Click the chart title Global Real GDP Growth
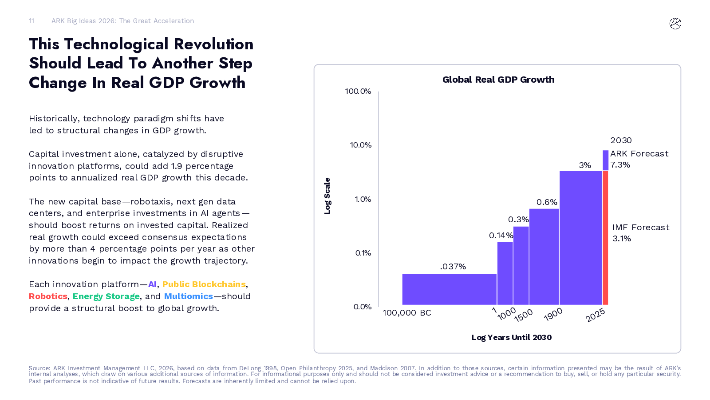[498, 80]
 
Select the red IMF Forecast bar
[605, 238]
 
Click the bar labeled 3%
[580, 238]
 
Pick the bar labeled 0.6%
[544, 256]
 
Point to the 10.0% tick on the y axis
[360, 145]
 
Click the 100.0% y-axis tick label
[358, 91]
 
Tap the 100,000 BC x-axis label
[407, 313]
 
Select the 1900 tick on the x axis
[553, 314]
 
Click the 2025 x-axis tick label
[595, 315]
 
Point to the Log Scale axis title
[327, 196]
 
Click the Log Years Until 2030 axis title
[511, 337]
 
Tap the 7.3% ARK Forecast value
[620, 165]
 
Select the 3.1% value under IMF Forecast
[622, 239]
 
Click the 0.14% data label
[501, 236]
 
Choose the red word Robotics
[48, 296]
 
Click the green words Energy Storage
[106, 296]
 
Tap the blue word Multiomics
[188, 296]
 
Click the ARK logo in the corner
[675, 24]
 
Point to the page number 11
[32, 21]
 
